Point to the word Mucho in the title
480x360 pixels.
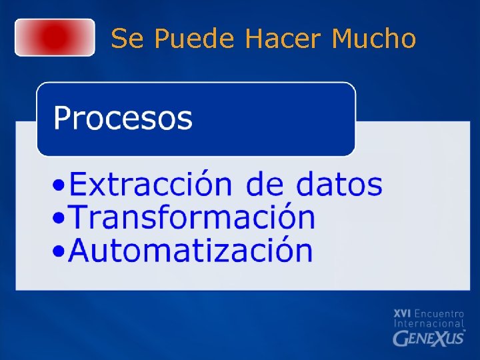tap(373, 39)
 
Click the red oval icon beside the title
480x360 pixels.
tap(55, 37)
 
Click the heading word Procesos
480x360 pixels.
tap(123, 119)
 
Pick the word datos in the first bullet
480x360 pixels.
tap(339, 184)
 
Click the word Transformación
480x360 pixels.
tap(192, 217)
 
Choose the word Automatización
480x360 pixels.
tap(191, 251)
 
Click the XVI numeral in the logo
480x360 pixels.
tap(402, 313)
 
